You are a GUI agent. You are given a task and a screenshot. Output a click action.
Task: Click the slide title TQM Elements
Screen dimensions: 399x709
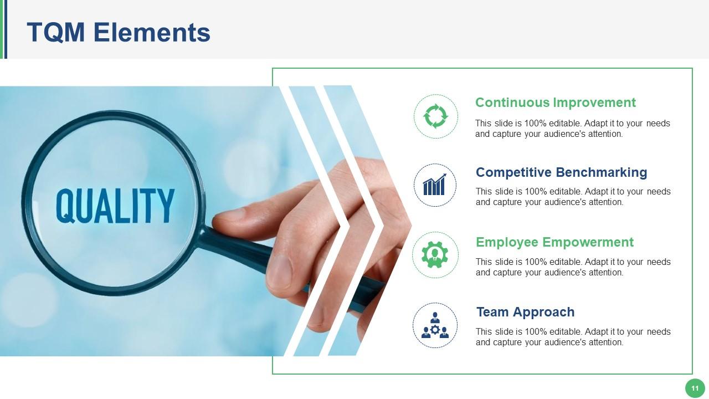click(119, 32)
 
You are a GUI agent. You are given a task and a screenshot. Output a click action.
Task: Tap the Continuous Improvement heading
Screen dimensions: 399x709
click(555, 103)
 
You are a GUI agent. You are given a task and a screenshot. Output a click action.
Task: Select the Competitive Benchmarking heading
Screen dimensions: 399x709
click(561, 172)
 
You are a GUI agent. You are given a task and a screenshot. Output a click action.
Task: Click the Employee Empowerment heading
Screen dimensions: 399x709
click(554, 242)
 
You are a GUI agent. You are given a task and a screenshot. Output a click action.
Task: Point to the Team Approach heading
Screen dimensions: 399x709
click(525, 312)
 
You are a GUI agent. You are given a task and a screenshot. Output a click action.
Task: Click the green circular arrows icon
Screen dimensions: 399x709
click(435, 116)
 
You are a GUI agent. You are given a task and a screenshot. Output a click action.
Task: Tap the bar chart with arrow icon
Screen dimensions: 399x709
click(435, 185)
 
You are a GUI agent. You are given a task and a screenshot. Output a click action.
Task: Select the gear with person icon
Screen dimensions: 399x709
click(435, 255)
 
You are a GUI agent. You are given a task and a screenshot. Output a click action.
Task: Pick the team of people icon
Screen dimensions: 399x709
click(435, 325)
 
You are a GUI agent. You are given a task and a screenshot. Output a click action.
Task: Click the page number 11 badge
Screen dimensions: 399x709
click(695, 388)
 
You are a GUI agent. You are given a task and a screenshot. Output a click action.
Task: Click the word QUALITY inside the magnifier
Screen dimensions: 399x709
click(115, 205)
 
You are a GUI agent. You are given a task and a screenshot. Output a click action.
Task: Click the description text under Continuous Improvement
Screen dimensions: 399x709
click(572, 129)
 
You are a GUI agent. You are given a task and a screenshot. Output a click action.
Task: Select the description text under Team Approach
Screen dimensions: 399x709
click(573, 337)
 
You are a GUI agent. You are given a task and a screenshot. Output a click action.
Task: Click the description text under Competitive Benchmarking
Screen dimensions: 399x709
click(573, 197)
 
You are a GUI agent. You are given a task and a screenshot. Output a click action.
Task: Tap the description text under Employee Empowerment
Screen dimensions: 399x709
click(573, 267)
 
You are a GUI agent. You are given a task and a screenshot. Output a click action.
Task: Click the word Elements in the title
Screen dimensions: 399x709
click(152, 32)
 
